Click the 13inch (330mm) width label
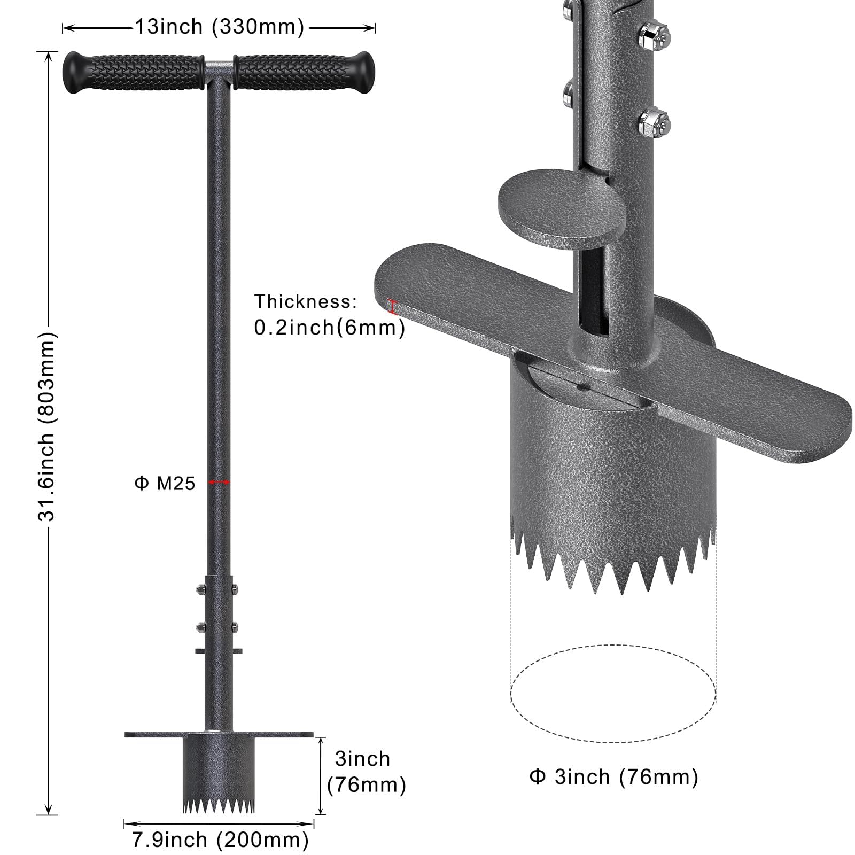point(219,27)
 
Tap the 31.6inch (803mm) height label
point(46,426)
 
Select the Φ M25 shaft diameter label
point(165,484)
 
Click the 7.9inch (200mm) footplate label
point(220,840)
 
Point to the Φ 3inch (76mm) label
point(613,776)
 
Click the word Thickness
point(306,302)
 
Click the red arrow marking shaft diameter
point(219,483)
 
